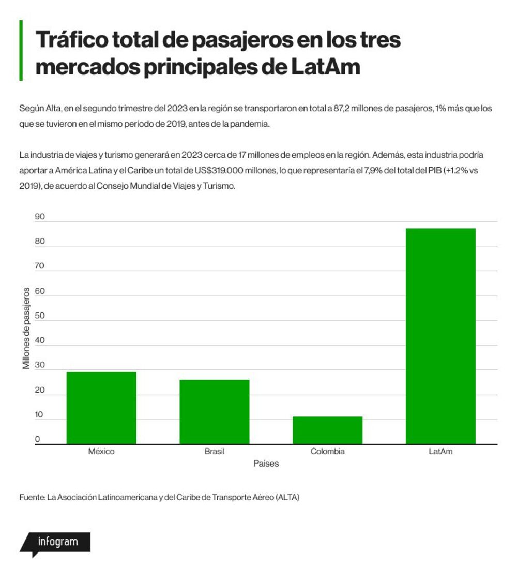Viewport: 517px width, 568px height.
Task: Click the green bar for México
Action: point(101,408)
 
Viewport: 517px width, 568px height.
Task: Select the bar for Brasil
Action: point(215,412)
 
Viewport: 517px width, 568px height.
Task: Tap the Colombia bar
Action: point(327,430)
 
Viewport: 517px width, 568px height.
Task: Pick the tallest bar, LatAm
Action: point(440,336)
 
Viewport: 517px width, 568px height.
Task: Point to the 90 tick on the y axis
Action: point(40,217)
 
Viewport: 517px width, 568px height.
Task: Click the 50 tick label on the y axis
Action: point(40,316)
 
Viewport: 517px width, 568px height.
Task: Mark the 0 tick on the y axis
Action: point(37,439)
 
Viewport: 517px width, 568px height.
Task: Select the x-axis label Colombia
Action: point(327,452)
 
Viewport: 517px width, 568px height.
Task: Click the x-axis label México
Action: point(101,452)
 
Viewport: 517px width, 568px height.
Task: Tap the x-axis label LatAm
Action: point(440,452)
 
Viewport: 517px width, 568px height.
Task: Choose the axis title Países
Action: point(266,464)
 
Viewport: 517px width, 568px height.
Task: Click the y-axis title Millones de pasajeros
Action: point(26,328)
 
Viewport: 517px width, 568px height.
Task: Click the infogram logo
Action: point(55,543)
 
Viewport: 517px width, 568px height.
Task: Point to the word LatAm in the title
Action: point(326,67)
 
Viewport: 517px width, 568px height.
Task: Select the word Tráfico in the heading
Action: point(72,39)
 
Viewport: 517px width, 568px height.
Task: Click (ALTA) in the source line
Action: point(287,497)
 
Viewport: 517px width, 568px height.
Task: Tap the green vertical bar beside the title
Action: point(21,50)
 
